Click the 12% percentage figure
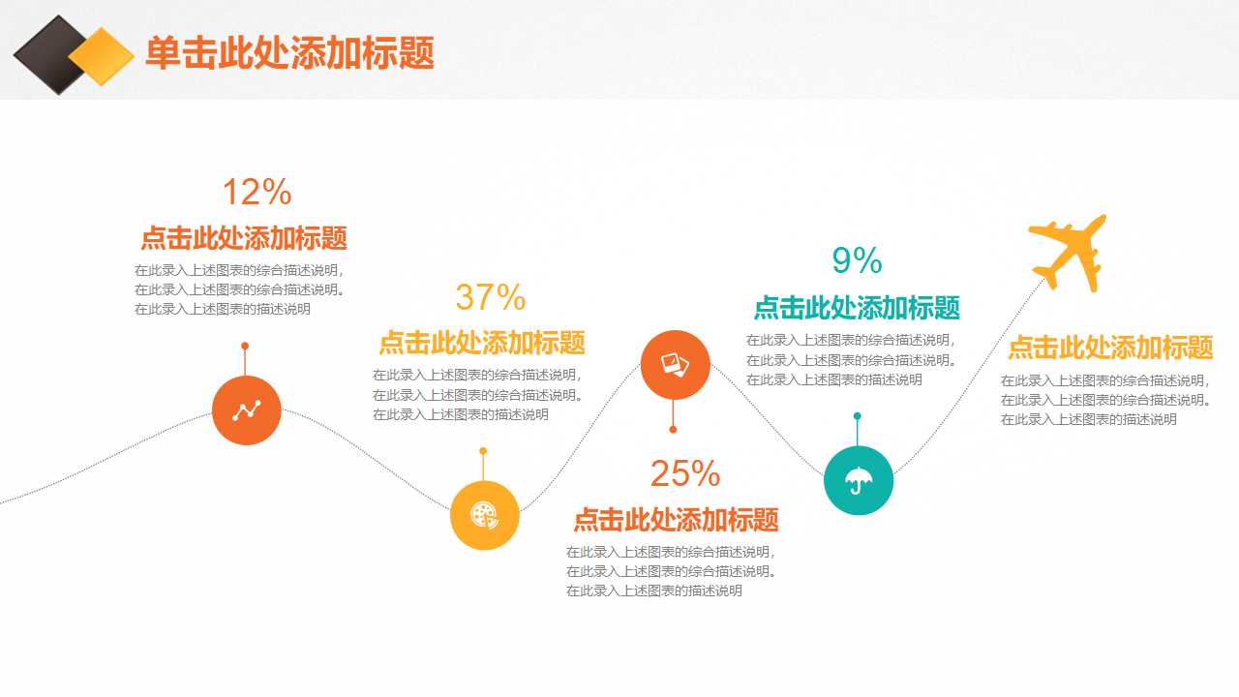click(257, 193)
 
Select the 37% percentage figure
click(490, 297)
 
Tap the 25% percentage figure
click(684, 473)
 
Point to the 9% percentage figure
click(857, 260)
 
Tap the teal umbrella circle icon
click(859, 480)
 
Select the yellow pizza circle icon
click(485, 515)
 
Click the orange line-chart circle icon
click(247, 410)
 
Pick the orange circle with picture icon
click(676, 364)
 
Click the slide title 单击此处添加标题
click(289, 53)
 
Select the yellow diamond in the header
click(101, 56)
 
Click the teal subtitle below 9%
click(857, 308)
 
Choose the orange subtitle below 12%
click(244, 238)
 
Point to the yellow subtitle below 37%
click(481, 343)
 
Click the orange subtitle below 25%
click(676, 520)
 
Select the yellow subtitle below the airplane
click(1110, 348)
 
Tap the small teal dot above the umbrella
click(858, 416)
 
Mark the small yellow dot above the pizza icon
click(483, 451)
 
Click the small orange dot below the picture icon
click(673, 429)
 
